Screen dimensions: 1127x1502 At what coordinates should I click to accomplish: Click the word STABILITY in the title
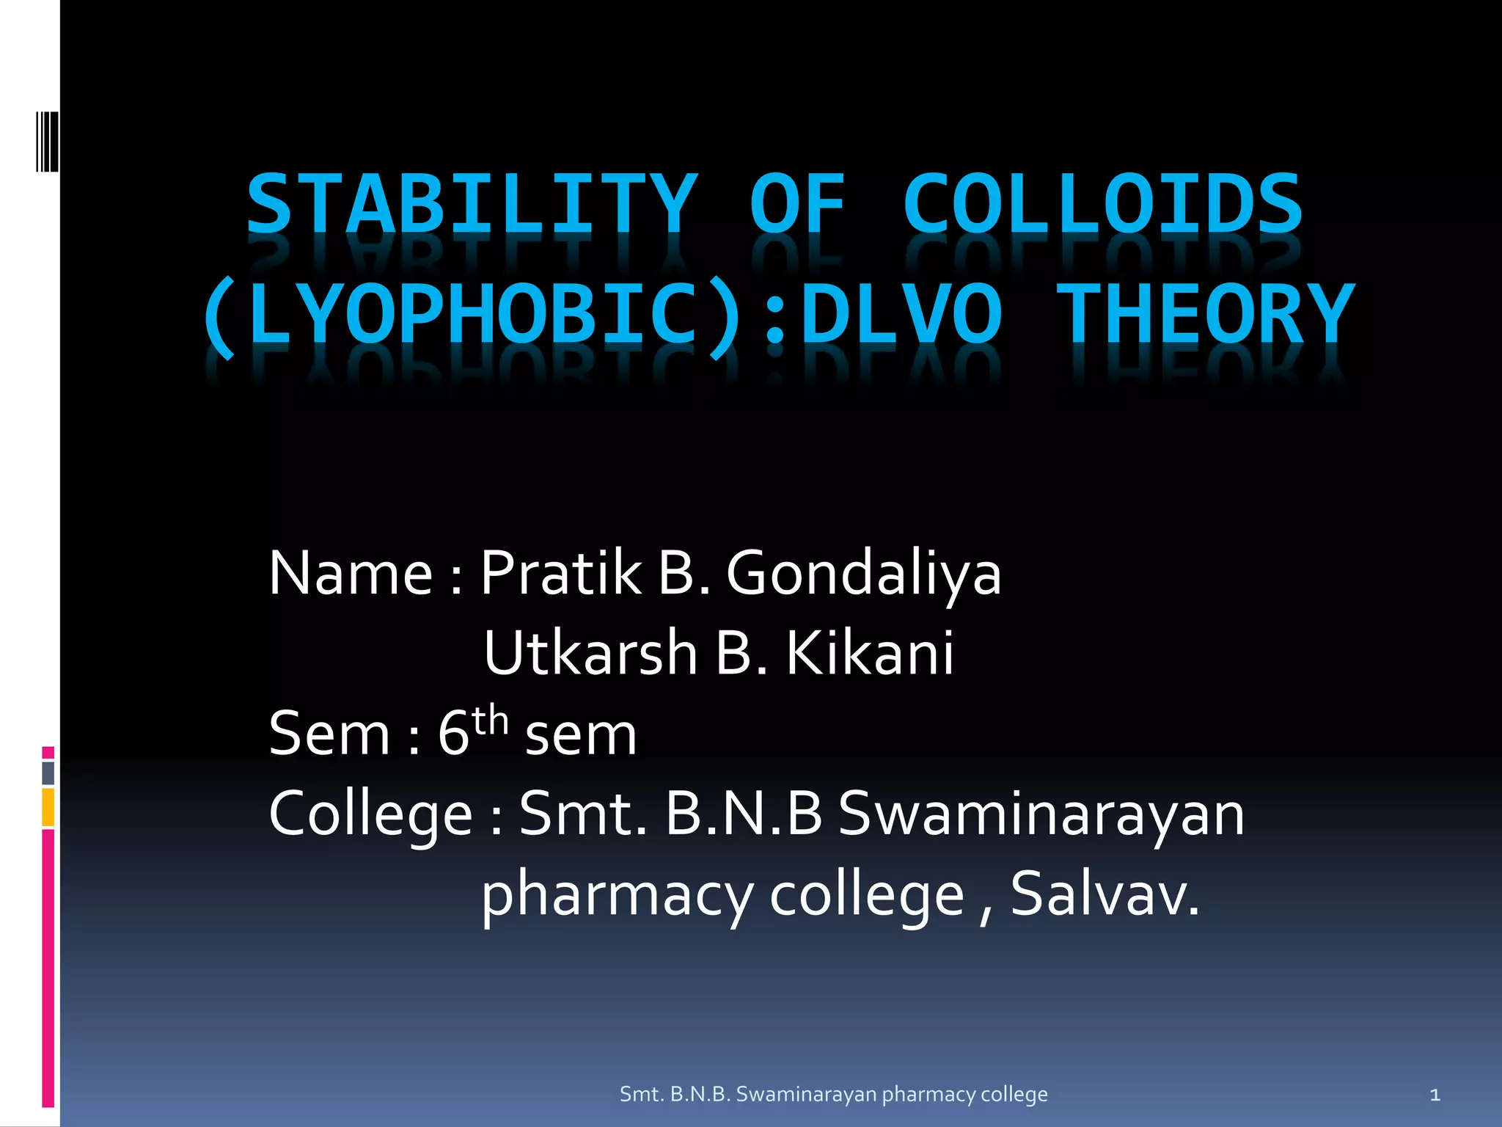click(x=472, y=203)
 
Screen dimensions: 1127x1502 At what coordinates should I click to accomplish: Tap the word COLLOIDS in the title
click(x=1102, y=203)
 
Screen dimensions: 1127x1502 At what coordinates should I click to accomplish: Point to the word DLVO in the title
click(x=901, y=316)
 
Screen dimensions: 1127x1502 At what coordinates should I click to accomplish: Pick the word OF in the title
click(x=797, y=203)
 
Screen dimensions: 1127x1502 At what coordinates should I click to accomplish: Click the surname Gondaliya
click(x=863, y=574)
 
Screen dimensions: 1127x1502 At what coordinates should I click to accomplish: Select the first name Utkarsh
click(x=590, y=652)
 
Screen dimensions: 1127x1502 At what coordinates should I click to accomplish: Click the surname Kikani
click(x=870, y=652)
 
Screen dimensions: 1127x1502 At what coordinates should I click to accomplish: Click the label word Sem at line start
click(x=329, y=733)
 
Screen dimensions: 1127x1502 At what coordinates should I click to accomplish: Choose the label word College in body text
click(x=370, y=814)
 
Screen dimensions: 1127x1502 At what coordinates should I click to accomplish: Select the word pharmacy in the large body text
click(x=617, y=895)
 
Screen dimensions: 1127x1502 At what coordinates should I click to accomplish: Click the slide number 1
click(x=1435, y=1095)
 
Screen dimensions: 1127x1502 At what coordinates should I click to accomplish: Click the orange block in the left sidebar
click(x=48, y=807)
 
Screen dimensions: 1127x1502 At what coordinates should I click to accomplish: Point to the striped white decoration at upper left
click(x=47, y=141)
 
